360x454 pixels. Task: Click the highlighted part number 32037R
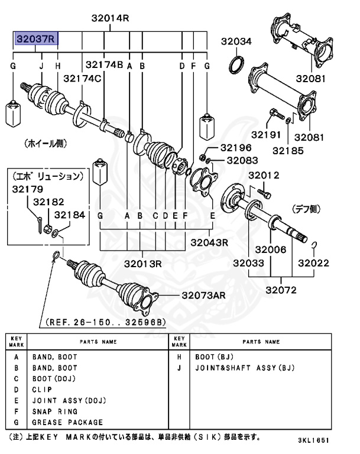[37, 40]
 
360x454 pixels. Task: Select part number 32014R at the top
[110, 18]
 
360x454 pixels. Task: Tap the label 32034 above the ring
[236, 41]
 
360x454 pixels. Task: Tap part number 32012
[263, 175]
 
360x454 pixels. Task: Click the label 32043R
[209, 242]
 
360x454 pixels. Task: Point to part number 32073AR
[204, 295]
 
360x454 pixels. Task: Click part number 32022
[313, 262]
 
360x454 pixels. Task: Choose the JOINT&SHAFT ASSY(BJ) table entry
[244, 368]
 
